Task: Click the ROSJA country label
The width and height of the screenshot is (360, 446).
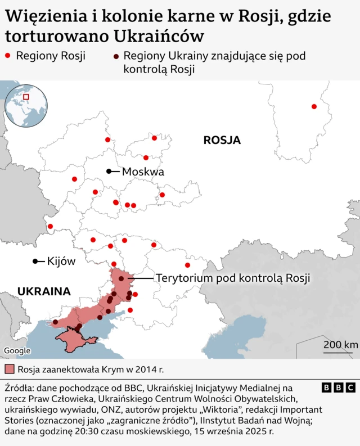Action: pyautogui.click(x=222, y=141)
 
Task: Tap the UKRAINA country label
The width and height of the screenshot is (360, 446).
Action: pyautogui.click(x=44, y=291)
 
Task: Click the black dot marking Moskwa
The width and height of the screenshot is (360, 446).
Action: pyautogui.click(x=109, y=171)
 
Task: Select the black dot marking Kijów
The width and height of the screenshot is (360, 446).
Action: pyautogui.click(x=35, y=261)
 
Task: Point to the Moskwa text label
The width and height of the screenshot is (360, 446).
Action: pyautogui.click(x=143, y=172)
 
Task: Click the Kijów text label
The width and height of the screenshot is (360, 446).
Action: pyautogui.click(x=61, y=261)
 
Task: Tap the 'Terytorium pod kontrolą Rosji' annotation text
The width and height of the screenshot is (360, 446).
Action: pyautogui.click(x=233, y=278)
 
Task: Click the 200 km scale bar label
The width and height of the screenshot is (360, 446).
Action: pyautogui.click(x=340, y=345)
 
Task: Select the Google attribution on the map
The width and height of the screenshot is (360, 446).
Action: pyautogui.click(x=17, y=351)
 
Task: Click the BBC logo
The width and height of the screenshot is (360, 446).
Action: pyautogui.click(x=338, y=388)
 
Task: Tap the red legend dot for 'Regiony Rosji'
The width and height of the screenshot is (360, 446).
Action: pyautogui.click(x=8, y=56)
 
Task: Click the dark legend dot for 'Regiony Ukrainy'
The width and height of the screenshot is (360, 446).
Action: pyautogui.click(x=115, y=56)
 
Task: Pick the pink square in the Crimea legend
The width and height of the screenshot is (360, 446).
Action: pyautogui.click(x=9, y=370)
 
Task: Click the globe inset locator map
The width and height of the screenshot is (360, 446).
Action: pyautogui.click(x=26, y=105)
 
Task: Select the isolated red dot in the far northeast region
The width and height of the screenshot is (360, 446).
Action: pyautogui.click(x=314, y=106)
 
